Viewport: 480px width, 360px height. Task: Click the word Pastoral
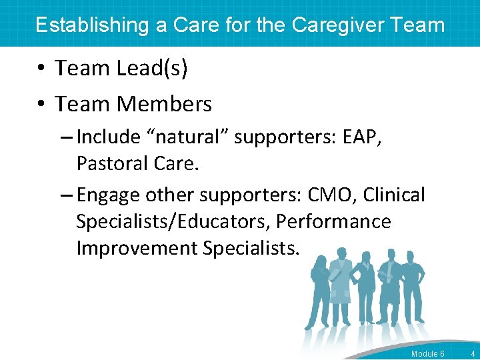pyautogui.click(x=112, y=163)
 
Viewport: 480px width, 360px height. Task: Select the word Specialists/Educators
pyautogui.click(x=173, y=221)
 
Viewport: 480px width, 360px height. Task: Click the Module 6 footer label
pyautogui.click(x=428, y=353)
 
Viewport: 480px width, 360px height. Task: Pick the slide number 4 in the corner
pyautogui.click(x=473, y=353)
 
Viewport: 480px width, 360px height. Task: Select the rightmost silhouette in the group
pyautogui.click(x=414, y=287)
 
